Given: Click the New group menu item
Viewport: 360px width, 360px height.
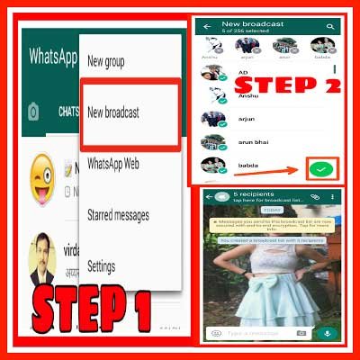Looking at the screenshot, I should click(106, 62).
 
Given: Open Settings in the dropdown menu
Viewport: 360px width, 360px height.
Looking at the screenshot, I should click(101, 266).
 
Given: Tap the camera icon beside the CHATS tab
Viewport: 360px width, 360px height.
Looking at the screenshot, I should click(33, 112).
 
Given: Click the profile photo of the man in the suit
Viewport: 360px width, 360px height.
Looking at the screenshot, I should click(46, 256).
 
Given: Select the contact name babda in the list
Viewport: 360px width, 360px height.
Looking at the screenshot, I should click(247, 166).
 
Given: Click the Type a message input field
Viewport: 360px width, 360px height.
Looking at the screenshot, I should click(261, 333).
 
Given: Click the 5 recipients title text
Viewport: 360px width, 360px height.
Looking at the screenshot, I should click(251, 193).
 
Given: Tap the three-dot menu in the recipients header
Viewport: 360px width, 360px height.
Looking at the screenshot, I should click(336, 196).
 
